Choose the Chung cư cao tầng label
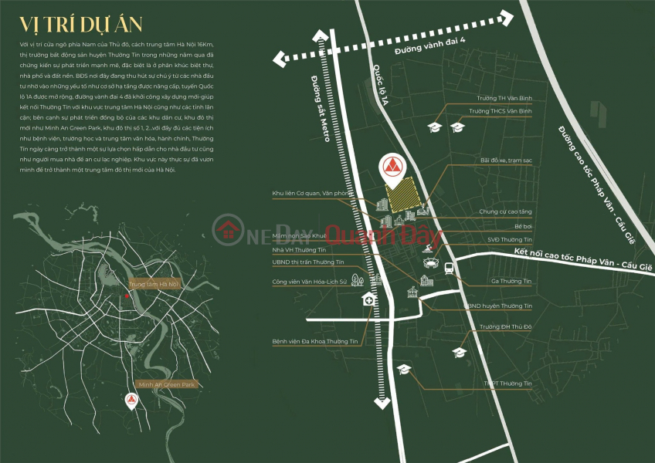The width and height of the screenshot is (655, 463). tap(505, 211)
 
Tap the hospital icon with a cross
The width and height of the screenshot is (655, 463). tap(368, 300)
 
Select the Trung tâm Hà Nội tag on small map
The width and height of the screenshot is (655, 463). tap(153, 284)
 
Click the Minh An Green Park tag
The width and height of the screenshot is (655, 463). tap(167, 384)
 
